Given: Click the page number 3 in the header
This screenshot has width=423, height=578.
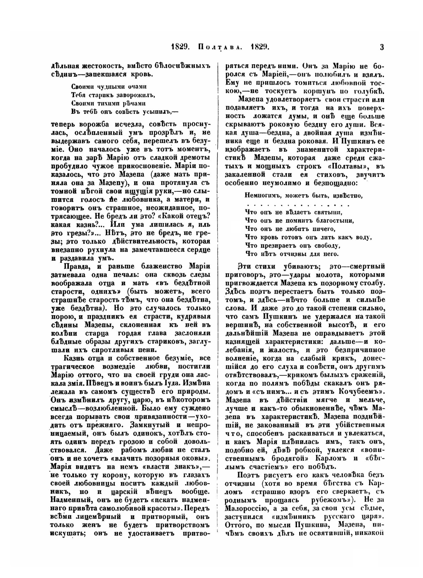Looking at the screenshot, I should [382, 47].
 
